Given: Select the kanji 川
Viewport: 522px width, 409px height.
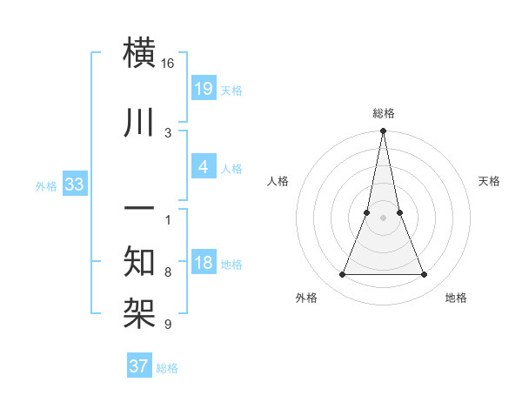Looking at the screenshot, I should pos(141,123).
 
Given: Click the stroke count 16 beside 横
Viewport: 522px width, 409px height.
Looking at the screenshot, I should pos(167,64).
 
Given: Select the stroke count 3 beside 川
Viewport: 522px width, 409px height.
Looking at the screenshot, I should pos(168,132).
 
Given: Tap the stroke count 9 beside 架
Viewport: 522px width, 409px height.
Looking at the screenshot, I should pos(168,325).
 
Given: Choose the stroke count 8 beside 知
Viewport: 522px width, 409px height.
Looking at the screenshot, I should pos(168,272).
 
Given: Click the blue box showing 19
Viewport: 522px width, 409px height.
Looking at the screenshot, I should pos(203,88).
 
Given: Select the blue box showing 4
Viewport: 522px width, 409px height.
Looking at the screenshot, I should pos(203,167).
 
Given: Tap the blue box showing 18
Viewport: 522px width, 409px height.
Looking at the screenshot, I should pos(203,263).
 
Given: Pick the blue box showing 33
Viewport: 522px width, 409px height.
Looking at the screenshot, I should pos(74,184).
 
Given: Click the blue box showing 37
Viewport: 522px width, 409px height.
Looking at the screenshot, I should pos(139,366).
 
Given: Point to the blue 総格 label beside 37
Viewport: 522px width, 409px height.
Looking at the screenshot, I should pos(167,368).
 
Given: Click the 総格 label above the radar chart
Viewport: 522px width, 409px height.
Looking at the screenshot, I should pos(383,113).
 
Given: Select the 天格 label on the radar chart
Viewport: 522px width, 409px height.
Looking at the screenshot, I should pos(490,181).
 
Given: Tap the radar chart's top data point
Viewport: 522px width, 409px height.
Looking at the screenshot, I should pos(383,131).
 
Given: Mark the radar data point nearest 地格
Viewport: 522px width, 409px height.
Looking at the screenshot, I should pos(425,275).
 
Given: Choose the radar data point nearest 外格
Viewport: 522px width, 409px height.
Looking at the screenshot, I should pos(342,275).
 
